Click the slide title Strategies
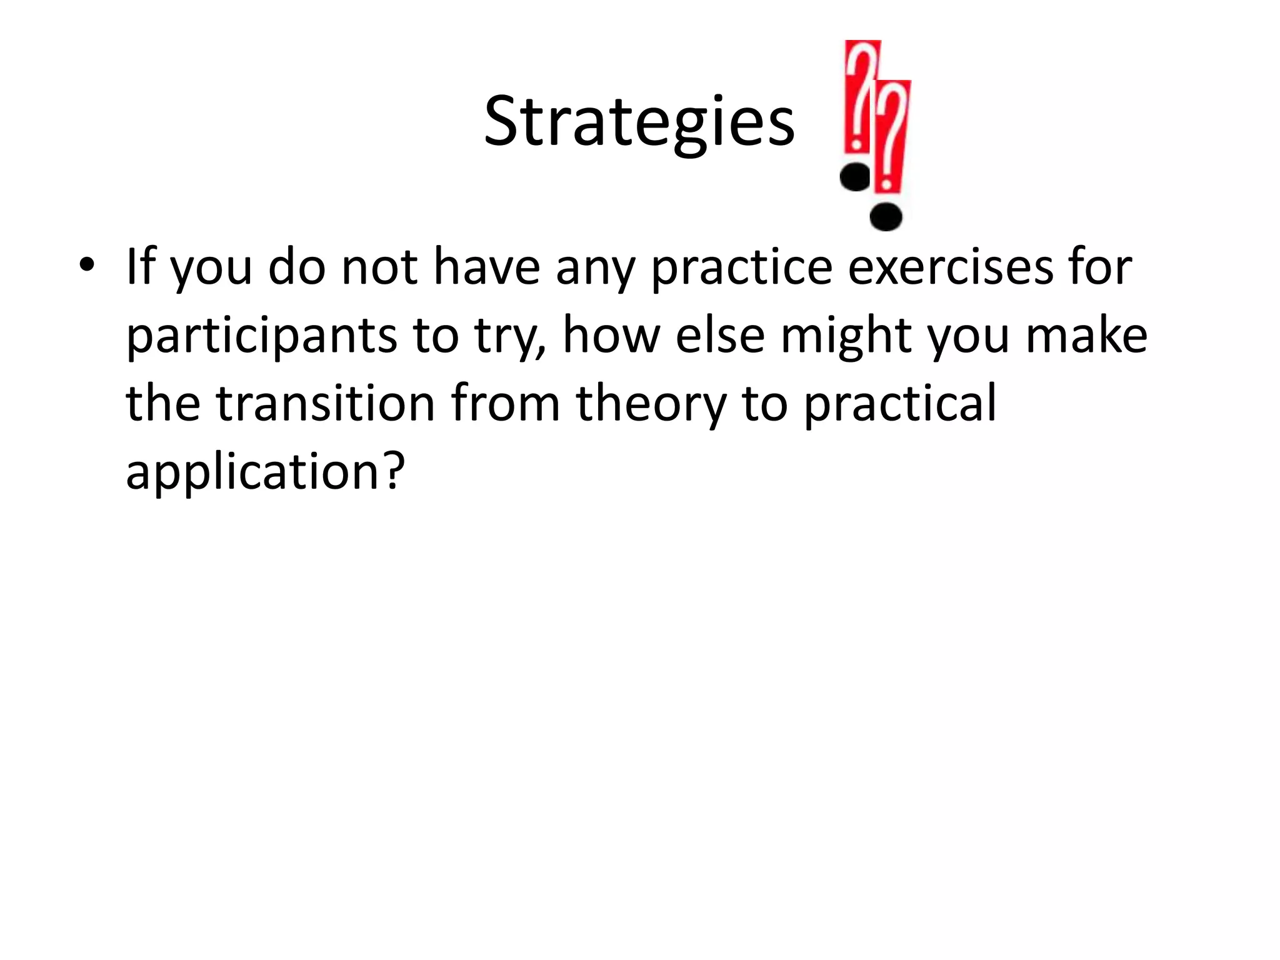click(639, 121)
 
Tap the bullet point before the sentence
click(87, 264)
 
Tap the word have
click(486, 267)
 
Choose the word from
click(505, 403)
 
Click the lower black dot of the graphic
click(886, 217)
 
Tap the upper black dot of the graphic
click(856, 177)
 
